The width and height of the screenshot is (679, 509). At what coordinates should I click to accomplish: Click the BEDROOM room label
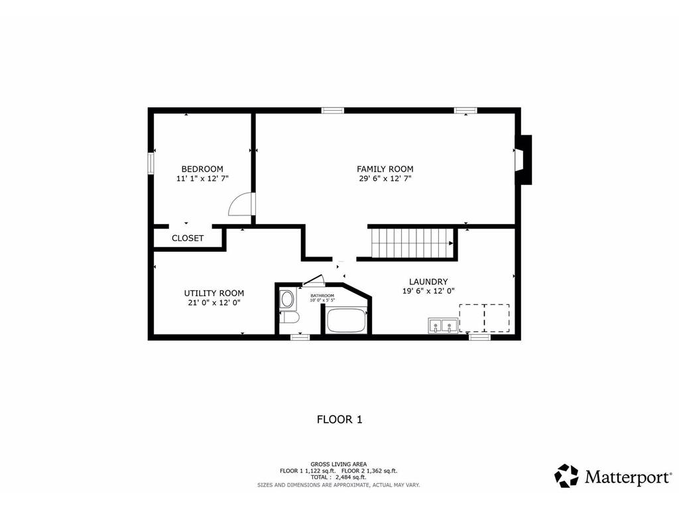click(x=202, y=169)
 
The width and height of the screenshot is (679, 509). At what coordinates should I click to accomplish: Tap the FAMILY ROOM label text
click(x=385, y=169)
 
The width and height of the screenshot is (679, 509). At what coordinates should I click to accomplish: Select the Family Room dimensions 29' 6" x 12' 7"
click(x=385, y=178)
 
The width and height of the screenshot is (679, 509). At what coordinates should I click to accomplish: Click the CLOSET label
click(x=188, y=238)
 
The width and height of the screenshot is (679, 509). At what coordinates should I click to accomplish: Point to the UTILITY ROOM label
click(x=214, y=293)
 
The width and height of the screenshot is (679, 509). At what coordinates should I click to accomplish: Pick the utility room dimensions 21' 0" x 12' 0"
click(x=214, y=302)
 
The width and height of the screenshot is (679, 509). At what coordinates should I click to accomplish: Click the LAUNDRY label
click(x=428, y=281)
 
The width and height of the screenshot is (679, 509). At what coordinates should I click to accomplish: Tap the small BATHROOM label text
click(x=322, y=296)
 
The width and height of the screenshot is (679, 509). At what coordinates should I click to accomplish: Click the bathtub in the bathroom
click(x=345, y=321)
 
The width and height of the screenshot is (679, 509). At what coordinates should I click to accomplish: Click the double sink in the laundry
click(x=442, y=325)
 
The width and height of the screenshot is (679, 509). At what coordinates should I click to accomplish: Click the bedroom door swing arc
click(x=239, y=204)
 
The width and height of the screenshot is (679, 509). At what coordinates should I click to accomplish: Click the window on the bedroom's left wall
click(x=151, y=162)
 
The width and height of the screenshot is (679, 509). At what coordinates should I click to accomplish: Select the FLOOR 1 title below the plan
click(x=339, y=419)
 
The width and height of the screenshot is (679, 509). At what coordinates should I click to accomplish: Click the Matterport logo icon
click(x=566, y=476)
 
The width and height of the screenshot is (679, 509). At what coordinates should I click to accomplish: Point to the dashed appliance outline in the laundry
click(x=485, y=317)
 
